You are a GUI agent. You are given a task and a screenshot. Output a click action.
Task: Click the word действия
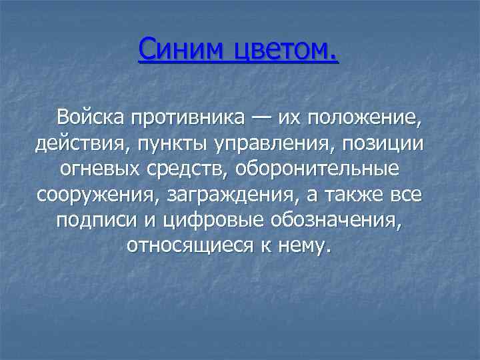[76, 144]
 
